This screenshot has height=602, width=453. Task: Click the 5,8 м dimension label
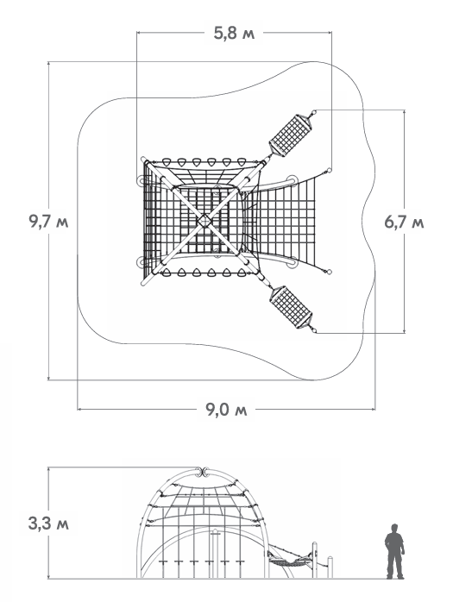(234, 34)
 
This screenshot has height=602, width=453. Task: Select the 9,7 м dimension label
(48, 222)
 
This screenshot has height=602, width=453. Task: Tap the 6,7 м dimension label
(404, 222)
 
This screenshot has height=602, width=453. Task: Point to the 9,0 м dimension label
(226, 410)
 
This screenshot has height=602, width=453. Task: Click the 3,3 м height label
(48, 524)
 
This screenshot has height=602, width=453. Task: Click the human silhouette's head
(394, 528)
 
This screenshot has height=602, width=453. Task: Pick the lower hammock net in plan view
(291, 307)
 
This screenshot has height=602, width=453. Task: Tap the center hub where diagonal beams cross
(204, 221)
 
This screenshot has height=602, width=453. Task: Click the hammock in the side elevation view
(289, 560)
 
